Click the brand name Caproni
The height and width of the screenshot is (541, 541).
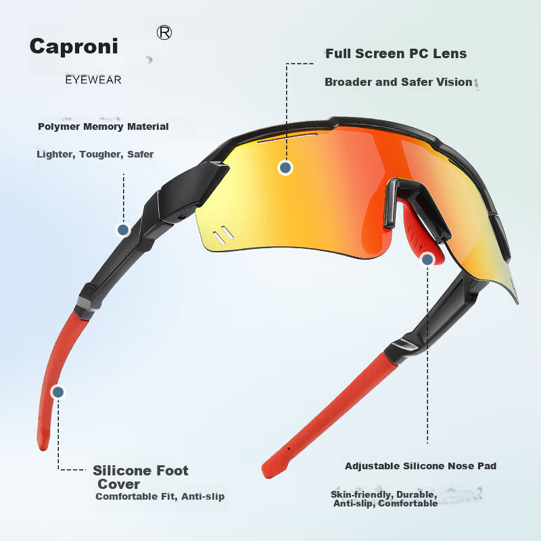click(x=74, y=47)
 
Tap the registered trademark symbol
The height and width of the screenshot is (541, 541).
click(x=164, y=32)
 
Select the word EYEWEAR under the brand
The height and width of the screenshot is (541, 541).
click(x=93, y=80)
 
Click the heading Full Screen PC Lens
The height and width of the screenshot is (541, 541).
click(x=396, y=53)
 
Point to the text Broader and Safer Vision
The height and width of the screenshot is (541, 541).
click(x=398, y=82)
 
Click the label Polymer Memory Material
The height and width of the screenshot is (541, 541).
click(x=103, y=126)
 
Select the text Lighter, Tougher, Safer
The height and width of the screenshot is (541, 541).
click(x=95, y=154)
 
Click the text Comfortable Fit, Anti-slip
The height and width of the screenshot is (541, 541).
click(x=160, y=496)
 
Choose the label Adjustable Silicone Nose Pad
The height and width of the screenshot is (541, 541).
click(x=421, y=466)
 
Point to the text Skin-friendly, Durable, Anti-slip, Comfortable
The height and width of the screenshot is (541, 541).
click(x=384, y=499)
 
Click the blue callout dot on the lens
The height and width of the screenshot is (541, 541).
click(x=285, y=168)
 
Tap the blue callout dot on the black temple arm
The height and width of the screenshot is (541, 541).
click(x=123, y=230)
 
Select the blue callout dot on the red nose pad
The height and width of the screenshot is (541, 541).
click(x=427, y=259)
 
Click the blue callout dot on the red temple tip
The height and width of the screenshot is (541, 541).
click(x=58, y=392)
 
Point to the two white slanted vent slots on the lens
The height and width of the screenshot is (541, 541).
click(x=223, y=235)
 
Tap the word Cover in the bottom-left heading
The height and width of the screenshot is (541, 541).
click(x=119, y=484)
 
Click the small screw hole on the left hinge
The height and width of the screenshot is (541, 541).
click(x=182, y=217)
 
